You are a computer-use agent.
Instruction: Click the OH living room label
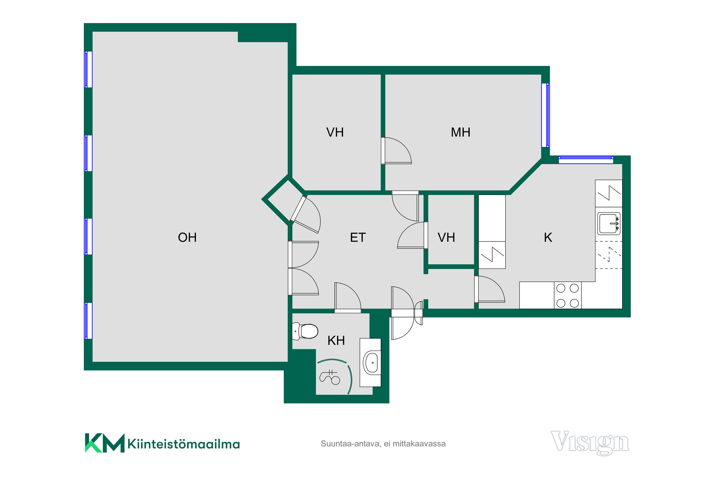click(x=187, y=238)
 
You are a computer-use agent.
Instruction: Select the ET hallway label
click(x=358, y=238)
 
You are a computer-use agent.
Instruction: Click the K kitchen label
click(x=548, y=238)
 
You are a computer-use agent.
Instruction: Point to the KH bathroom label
click(x=336, y=341)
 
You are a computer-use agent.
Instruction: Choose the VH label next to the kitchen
click(x=446, y=238)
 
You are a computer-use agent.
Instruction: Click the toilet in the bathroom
click(x=305, y=331)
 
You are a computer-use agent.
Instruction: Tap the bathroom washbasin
click(x=371, y=363)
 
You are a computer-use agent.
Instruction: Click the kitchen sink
click(x=609, y=223)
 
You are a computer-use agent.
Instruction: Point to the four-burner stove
click(x=568, y=295)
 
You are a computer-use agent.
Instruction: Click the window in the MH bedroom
click(x=545, y=115)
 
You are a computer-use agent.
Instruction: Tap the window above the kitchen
click(x=586, y=160)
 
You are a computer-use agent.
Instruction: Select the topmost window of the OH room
click(x=88, y=69)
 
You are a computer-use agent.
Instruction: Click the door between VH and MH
click(x=396, y=151)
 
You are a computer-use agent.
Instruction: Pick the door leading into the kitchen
click(x=489, y=289)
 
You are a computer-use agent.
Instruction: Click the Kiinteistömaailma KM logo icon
click(x=105, y=443)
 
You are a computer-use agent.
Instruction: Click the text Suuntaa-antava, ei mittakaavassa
click(x=383, y=444)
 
